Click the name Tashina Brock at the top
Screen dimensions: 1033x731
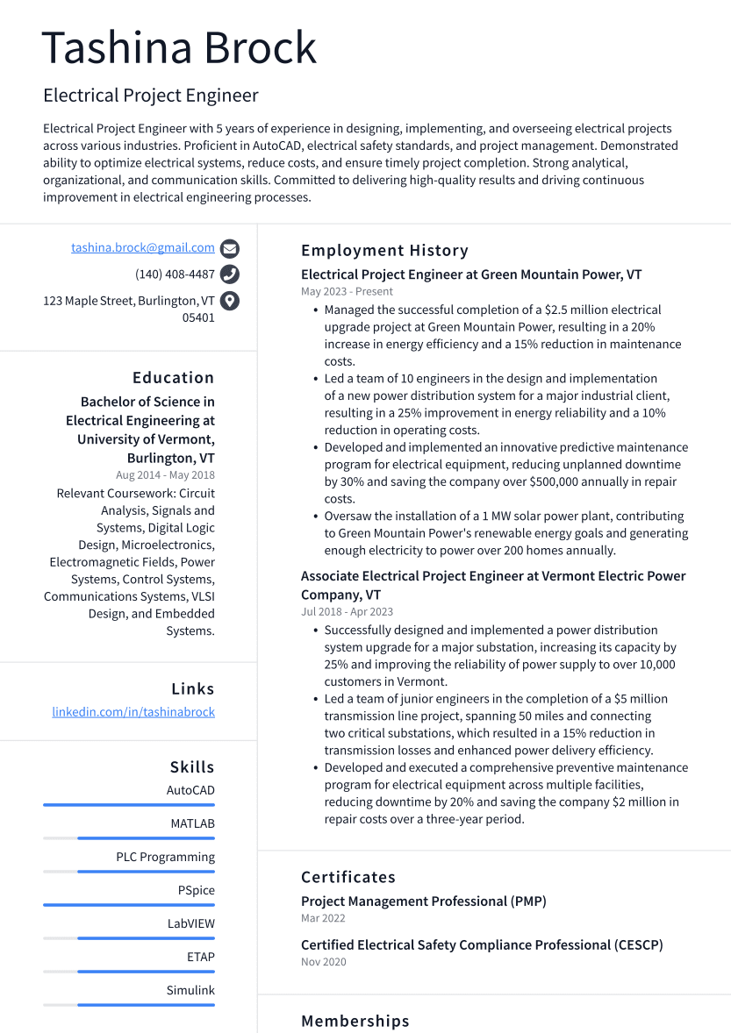(179, 47)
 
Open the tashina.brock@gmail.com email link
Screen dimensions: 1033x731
(143, 248)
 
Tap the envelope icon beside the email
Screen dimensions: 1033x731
(230, 248)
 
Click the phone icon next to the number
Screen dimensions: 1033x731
(230, 274)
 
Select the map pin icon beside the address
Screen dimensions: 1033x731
(230, 301)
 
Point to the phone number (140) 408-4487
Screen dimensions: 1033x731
(175, 274)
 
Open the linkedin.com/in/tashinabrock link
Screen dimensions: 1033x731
(133, 712)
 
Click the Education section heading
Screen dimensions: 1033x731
(173, 378)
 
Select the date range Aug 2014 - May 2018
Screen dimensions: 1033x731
(165, 475)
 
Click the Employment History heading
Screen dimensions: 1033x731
(384, 251)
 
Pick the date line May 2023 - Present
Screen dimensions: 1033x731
(347, 291)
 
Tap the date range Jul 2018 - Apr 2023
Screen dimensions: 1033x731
(347, 612)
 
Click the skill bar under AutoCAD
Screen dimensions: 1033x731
(129, 805)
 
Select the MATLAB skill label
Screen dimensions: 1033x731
(192, 823)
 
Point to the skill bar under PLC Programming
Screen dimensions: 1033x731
(146, 872)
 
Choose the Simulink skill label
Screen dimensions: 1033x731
(190, 990)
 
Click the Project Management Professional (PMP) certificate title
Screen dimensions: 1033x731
(423, 901)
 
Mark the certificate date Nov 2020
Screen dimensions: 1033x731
(323, 962)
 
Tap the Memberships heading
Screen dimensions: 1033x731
(355, 1022)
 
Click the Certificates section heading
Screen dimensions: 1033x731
(348, 877)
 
